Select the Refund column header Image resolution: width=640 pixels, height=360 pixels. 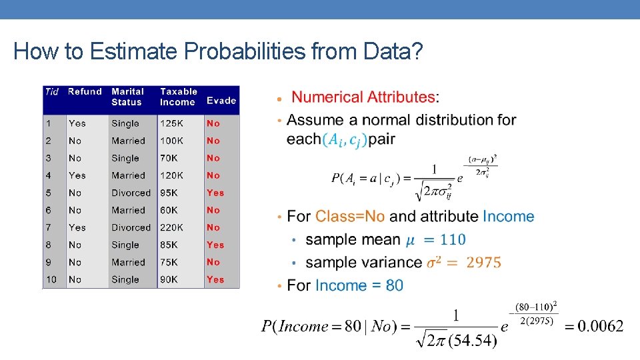click(x=85, y=92)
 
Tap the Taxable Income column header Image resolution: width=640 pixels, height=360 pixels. click(x=179, y=97)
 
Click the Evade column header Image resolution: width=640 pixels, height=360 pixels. click(x=221, y=101)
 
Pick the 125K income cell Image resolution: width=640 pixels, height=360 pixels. click(x=172, y=123)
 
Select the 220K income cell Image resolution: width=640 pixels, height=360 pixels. click(x=172, y=227)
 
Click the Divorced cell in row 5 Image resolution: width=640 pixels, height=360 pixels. click(x=131, y=193)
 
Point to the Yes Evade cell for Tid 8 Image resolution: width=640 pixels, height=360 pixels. click(x=215, y=245)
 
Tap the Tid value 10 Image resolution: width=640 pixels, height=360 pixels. click(x=51, y=279)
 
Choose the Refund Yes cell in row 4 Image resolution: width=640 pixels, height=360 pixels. click(x=77, y=175)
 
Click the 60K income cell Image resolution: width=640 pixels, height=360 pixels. click(x=169, y=210)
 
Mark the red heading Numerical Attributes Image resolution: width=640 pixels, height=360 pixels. click(x=364, y=97)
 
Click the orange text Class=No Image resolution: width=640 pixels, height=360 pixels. click(x=350, y=217)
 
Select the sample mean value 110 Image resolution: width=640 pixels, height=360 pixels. click(x=453, y=239)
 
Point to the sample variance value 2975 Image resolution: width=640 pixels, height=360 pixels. click(x=483, y=263)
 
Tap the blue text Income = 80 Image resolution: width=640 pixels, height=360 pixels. click(x=359, y=285)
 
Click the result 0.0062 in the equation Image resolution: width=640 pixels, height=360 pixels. click(x=601, y=326)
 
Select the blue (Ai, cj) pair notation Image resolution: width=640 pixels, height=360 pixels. click(x=345, y=140)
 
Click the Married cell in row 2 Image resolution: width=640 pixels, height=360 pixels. click(x=128, y=141)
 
